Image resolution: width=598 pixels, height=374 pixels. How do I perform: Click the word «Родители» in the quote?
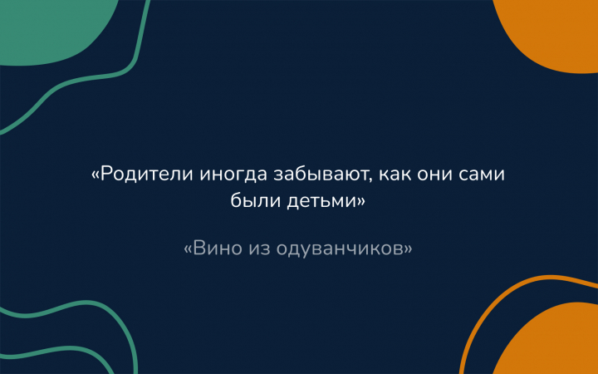click(x=146, y=175)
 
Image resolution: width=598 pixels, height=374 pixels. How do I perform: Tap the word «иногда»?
click(x=233, y=175)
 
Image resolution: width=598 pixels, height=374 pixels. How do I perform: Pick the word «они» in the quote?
click(x=434, y=175)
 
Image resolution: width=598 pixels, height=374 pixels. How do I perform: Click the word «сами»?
click(x=481, y=175)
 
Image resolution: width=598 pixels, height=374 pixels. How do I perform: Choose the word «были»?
click(x=255, y=201)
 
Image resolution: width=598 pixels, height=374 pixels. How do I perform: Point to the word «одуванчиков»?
click(x=340, y=249)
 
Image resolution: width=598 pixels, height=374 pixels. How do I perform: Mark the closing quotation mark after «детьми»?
click(x=360, y=202)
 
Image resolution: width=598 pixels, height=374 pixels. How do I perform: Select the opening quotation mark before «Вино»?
click(x=189, y=249)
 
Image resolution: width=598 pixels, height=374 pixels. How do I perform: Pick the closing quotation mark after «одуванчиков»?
click(x=408, y=249)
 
